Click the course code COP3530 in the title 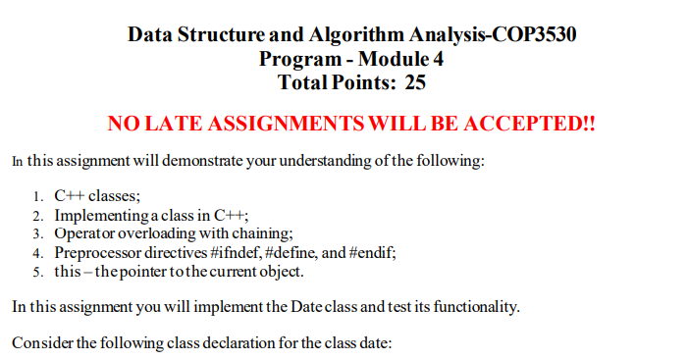[532, 36]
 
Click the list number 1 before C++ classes [37, 196]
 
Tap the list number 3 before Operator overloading [37, 233]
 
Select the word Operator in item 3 [84, 233]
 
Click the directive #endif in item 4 [371, 252]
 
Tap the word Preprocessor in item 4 [98, 252]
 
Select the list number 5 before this [37, 271]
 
